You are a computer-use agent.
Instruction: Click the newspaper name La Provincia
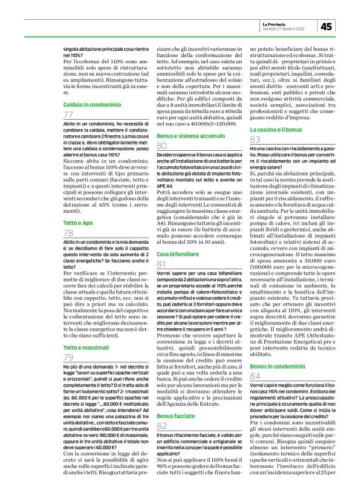(x=277, y=23)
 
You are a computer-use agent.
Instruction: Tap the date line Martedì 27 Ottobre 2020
(x=285, y=29)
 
